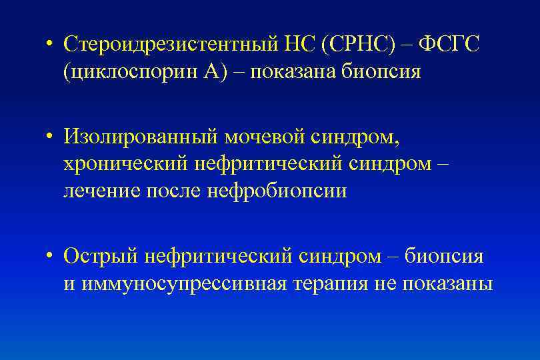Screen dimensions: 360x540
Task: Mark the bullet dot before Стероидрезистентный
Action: [x=50, y=45]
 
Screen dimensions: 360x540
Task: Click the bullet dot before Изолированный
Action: [x=50, y=138]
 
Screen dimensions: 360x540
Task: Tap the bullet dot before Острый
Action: [x=50, y=257]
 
